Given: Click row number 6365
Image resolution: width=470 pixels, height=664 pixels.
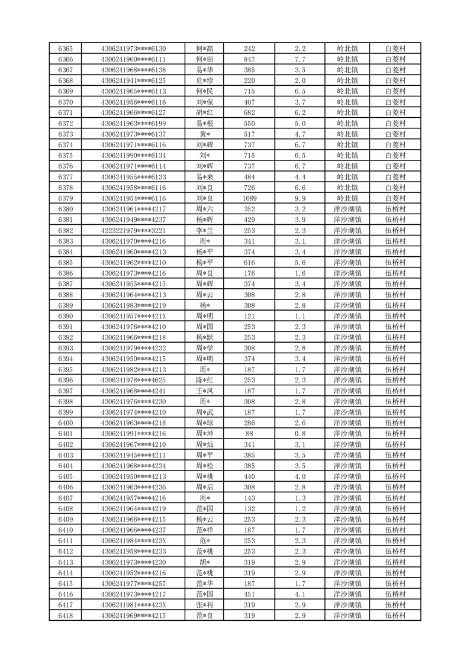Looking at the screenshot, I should click(66, 49).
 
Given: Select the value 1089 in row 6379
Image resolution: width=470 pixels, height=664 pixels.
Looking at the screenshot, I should click(249, 198).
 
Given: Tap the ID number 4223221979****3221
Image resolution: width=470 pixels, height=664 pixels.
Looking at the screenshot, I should click(134, 230).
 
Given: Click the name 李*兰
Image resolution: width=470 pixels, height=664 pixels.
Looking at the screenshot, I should click(204, 230).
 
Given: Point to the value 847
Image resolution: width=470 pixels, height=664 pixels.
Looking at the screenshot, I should click(249, 59).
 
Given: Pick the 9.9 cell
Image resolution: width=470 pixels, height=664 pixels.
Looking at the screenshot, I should click(300, 198).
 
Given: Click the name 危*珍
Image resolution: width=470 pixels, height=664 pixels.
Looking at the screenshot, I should click(204, 80).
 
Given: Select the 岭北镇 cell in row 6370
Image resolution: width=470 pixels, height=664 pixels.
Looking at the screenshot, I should click(347, 102).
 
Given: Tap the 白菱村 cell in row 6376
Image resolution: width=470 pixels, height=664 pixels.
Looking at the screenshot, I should click(395, 166).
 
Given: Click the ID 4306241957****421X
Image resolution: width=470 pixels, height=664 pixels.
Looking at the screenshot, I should click(134, 316).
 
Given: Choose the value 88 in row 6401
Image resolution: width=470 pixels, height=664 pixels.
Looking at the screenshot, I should click(249, 434).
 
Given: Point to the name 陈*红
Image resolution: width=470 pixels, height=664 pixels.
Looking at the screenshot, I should click(204, 380).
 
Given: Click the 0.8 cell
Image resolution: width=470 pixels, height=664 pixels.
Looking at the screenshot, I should click(300, 434).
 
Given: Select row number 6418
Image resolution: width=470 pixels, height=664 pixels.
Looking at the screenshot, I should click(66, 615).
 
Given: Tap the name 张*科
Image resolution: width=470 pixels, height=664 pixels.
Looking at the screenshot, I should click(204, 605).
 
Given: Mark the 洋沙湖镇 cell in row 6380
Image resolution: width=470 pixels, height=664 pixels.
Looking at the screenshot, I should click(347, 209).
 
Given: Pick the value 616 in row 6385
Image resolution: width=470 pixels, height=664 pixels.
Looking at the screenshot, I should click(249, 263).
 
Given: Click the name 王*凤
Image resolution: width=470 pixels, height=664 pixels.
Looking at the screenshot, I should click(204, 391).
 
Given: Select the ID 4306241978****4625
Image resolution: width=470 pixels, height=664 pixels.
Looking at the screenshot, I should click(134, 380).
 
